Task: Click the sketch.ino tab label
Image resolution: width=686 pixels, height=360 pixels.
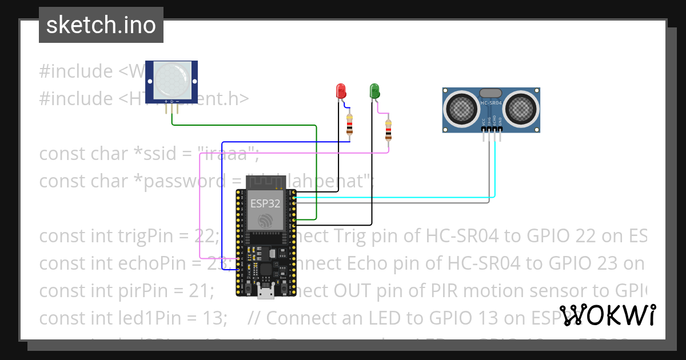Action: pos(101,25)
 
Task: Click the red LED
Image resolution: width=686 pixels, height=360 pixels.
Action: pos(341,90)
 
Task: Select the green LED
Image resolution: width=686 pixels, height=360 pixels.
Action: pos(374,90)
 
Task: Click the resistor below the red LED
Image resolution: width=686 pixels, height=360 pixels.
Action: pos(349,124)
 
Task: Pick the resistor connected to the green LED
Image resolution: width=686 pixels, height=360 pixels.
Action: pos(389,130)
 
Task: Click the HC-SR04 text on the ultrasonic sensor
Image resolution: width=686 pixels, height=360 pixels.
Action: pos(490,103)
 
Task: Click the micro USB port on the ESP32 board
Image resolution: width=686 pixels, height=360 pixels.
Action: pos(265,293)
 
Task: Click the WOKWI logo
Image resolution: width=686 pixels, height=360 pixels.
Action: pos(608,315)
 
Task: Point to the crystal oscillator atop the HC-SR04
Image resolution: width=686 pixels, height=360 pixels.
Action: pos(490,93)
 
